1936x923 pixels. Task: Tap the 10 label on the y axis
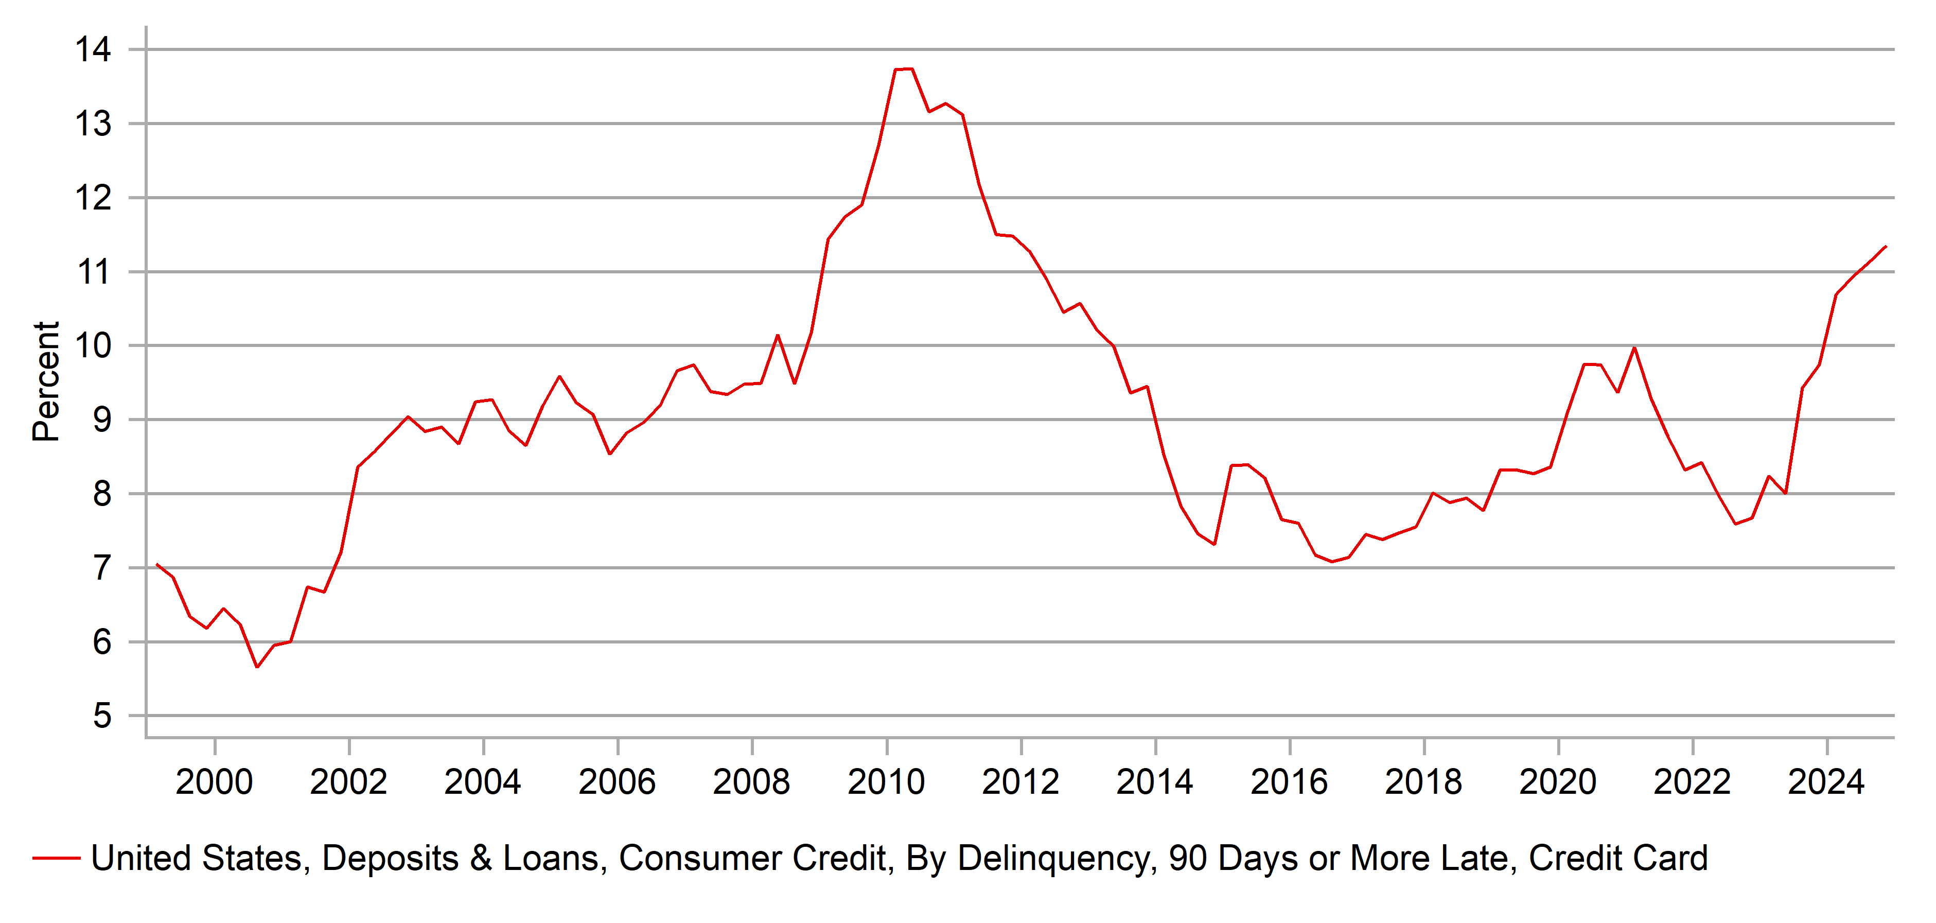pyautogui.click(x=93, y=346)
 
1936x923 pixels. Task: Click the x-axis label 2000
pyautogui.click(x=214, y=782)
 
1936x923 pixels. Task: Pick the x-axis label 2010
pyautogui.click(x=886, y=782)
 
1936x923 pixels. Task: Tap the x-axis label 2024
pyautogui.click(x=1826, y=782)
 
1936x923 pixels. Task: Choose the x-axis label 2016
pyautogui.click(x=1289, y=782)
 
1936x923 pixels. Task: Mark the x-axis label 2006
pyautogui.click(x=617, y=782)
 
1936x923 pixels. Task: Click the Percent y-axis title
pyautogui.click(x=46, y=381)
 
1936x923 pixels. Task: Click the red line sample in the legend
pyautogui.click(x=57, y=858)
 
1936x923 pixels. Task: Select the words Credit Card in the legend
pyautogui.click(x=1618, y=858)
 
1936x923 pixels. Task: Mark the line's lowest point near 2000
pyautogui.click(x=257, y=667)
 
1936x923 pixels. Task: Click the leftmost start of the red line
pyautogui.click(x=156, y=564)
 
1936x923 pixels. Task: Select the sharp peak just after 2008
pyautogui.click(x=778, y=335)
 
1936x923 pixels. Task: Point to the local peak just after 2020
pyautogui.click(x=1634, y=347)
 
